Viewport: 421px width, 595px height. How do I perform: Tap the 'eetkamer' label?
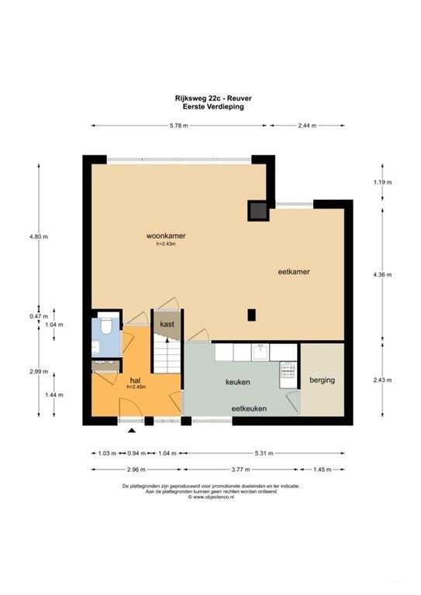(x=295, y=272)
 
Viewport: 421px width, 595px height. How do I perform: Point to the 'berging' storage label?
(x=322, y=381)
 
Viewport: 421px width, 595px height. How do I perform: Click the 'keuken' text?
(x=237, y=382)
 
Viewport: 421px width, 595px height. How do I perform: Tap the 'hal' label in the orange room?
(x=135, y=381)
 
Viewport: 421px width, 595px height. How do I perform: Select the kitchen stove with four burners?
(x=288, y=374)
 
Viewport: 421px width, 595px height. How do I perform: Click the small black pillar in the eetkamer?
(x=251, y=315)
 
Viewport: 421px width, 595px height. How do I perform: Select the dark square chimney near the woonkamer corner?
(x=257, y=209)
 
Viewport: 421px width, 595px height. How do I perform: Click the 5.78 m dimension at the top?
(x=179, y=125)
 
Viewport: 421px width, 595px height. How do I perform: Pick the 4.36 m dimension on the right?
(x=383, y=274)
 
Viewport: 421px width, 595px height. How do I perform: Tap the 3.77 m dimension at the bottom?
(x=242, y=469)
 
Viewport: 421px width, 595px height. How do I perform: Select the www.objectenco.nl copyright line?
(x=210, y=497)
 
